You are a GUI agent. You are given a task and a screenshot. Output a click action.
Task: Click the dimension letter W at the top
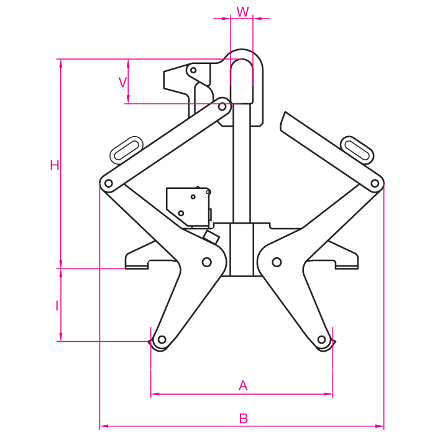243,12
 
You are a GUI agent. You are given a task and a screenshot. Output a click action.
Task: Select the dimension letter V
122,83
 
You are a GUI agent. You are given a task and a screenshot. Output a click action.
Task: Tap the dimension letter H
55,165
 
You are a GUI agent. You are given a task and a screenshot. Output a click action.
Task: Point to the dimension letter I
57,306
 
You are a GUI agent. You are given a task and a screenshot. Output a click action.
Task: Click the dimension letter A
243,386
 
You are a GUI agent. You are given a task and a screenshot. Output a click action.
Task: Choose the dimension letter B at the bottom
244,418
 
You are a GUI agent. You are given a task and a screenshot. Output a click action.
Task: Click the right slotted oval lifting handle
357,150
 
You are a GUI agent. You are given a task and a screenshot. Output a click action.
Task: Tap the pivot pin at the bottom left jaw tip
162,339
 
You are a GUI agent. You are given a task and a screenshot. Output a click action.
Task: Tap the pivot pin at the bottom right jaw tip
321,339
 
